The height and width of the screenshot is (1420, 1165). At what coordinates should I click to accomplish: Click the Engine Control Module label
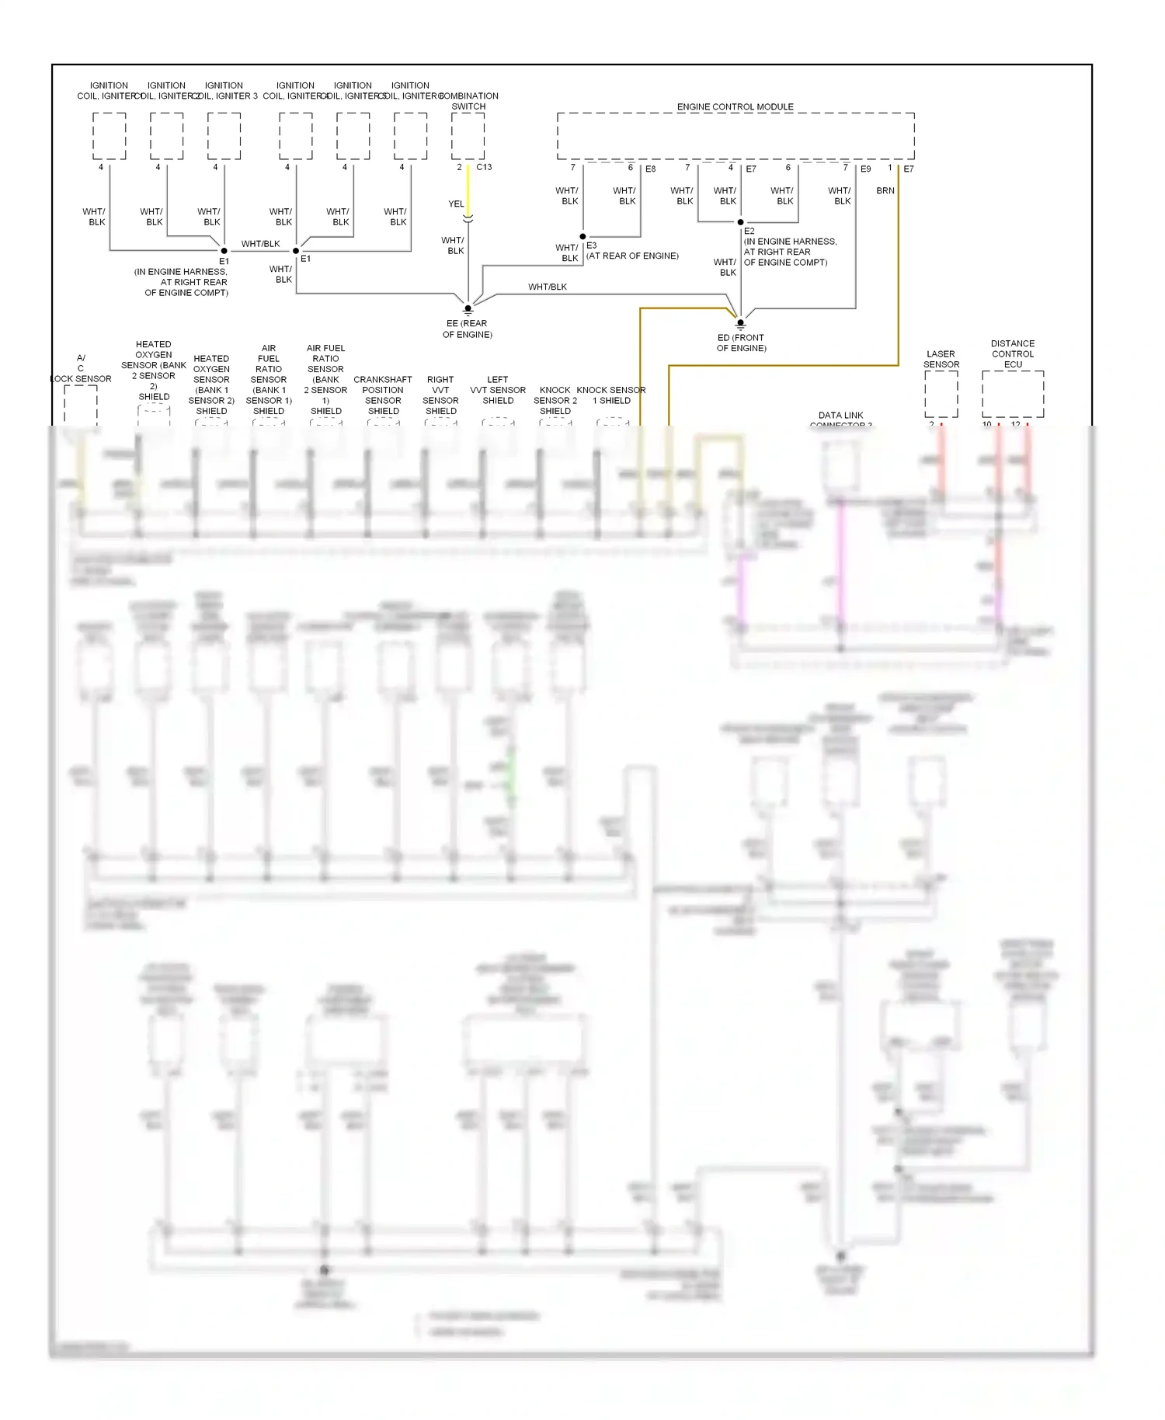[x=735, y=106]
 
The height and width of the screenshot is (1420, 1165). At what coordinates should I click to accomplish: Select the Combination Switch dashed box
[x=468, y=136]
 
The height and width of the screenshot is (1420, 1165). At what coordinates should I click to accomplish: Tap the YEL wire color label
[x=456, y=204]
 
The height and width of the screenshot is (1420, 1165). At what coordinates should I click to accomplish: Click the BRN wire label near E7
[x=885, y=190]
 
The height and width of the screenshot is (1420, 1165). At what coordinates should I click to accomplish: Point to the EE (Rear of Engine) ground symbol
[x=468, y=308]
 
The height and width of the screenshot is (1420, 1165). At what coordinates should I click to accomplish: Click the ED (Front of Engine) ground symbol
[x=740, y=323]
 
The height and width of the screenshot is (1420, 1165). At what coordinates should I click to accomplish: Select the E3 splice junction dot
[x=582, y=236]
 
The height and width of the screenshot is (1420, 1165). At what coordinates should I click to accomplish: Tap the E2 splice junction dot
[x=740, y=222]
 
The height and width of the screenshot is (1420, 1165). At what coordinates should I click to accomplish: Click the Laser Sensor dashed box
[x=941, y=394]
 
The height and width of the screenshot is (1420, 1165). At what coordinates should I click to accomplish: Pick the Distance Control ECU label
[x=1012, y=353]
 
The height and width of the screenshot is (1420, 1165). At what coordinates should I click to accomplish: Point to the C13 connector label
[x=484, y=167]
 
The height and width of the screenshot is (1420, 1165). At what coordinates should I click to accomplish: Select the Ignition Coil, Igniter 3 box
[x=224, y=136]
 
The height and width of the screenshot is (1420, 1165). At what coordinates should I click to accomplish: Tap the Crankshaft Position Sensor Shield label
[x=383, y=395]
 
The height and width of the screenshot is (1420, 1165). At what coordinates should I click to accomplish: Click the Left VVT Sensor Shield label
[x=498, y=390]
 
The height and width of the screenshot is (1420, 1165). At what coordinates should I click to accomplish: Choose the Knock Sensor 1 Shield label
[x=611, y=395]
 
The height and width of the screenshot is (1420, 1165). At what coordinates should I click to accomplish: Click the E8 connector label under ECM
[x=650, y=169]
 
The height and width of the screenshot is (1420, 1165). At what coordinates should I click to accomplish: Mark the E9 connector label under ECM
[x=865, y=169]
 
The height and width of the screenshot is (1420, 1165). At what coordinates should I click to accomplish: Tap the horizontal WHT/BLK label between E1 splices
[x=260, y=244]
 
